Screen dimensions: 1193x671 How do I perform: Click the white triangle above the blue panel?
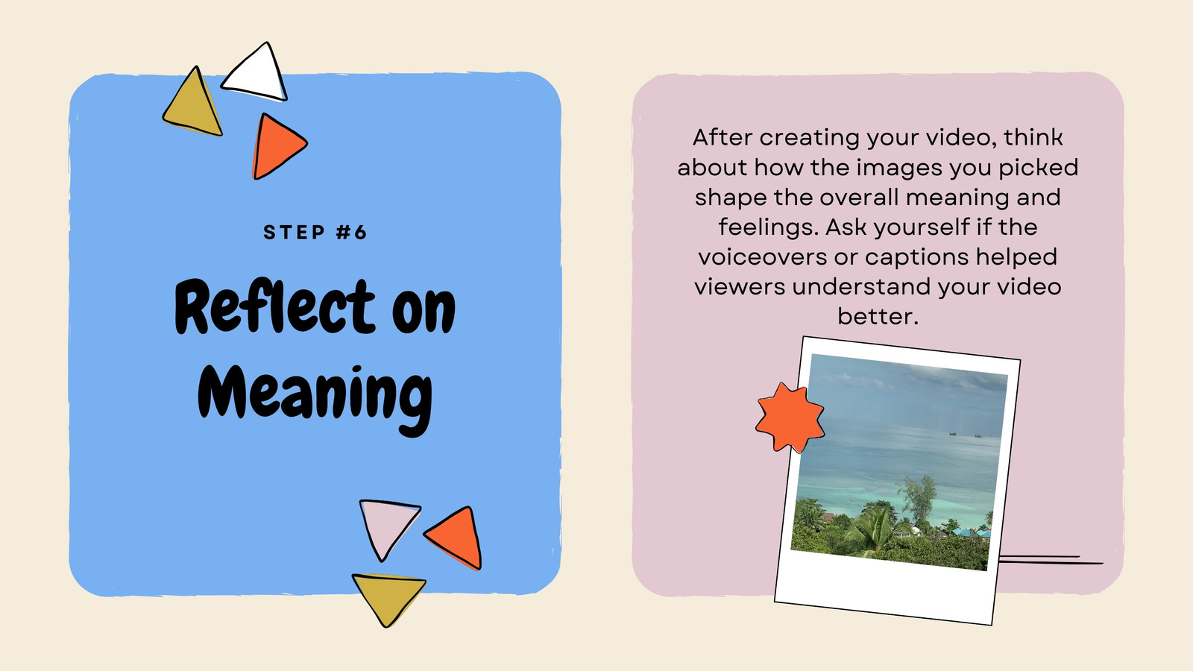(x=257, y=74)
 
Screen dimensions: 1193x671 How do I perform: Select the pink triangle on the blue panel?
(x=387, y=526)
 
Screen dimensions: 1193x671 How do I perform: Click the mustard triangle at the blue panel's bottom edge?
(x=388, y=596)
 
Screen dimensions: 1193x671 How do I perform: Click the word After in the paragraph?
(x=723, y=137)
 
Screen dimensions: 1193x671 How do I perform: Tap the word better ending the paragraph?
(x=878, y=316)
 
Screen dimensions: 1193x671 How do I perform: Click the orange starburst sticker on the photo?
(x=790, y=418)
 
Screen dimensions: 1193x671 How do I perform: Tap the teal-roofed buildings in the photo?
(x=970, y=532)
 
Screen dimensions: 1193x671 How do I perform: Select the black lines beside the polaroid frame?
(x=1051, y=560)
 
